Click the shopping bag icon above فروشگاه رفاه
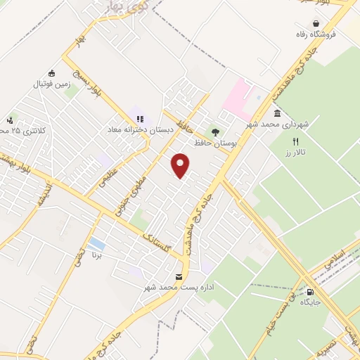[301, 22]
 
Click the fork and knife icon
[295, 141]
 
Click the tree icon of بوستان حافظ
[215, 131]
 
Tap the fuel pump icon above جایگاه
[310, 292]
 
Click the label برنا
[97, 257]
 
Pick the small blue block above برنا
[97, 245]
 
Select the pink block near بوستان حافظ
[237, 98]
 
